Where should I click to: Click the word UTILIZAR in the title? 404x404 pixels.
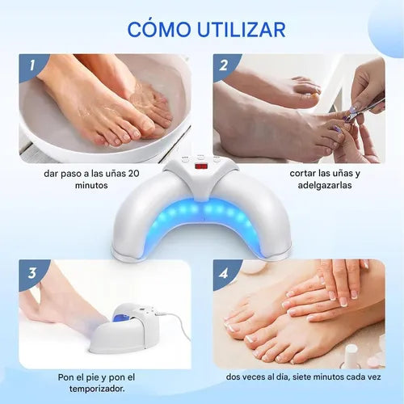(242, 29)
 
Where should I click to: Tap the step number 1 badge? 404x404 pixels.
(32, 65)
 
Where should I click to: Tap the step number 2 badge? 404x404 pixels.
(224, 65)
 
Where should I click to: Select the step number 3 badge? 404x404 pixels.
(32, 273)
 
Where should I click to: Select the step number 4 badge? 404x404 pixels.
(224, 273)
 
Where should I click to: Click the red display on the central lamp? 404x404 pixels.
(201, 166)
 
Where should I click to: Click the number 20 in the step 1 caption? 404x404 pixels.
(133, 174)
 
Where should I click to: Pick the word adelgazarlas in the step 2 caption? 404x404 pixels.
(325, 185)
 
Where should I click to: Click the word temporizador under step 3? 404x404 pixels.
(96, 389)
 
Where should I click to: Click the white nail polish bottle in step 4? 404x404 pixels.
(351, 356)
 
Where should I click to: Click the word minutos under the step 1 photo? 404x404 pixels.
(91, 185)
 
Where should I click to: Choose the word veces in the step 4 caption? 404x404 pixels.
(254, 377)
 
